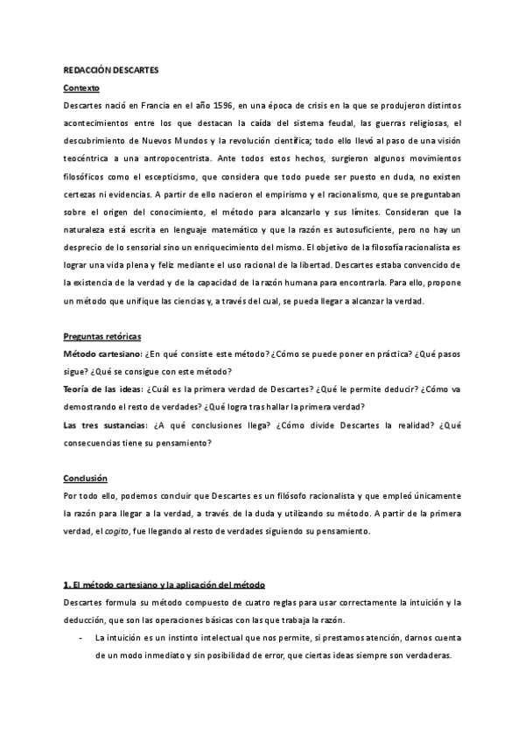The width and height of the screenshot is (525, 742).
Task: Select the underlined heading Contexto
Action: point(82,88)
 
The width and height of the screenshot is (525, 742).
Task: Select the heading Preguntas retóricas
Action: point(102,337)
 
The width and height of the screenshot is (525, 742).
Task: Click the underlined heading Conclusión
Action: point(86,479)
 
